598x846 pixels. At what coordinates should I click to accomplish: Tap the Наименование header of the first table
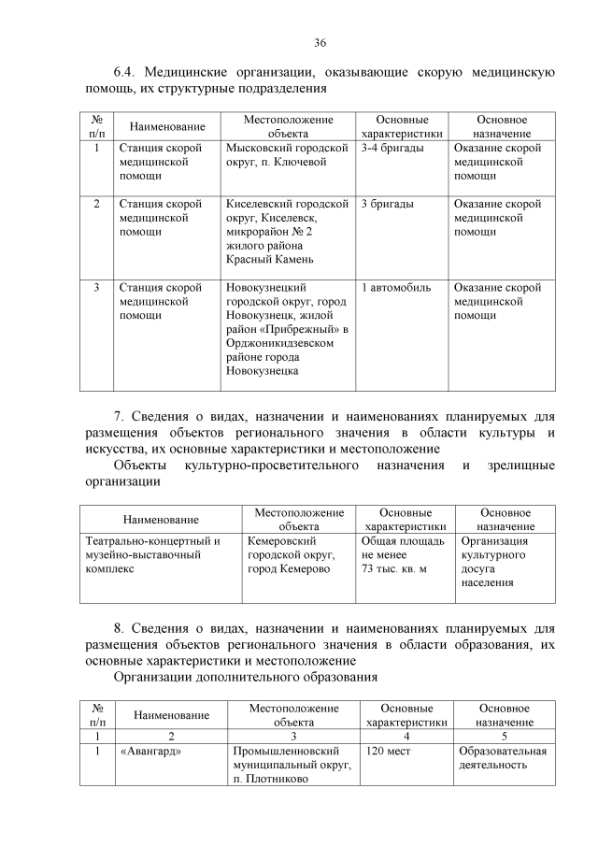point(167,126)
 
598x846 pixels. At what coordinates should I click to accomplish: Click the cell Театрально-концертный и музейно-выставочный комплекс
point(153,554)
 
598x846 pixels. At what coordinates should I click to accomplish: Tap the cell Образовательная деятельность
point(503,758)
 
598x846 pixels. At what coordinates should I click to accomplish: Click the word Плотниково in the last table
point(276,781)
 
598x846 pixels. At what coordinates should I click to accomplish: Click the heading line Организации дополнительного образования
point(246,677)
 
